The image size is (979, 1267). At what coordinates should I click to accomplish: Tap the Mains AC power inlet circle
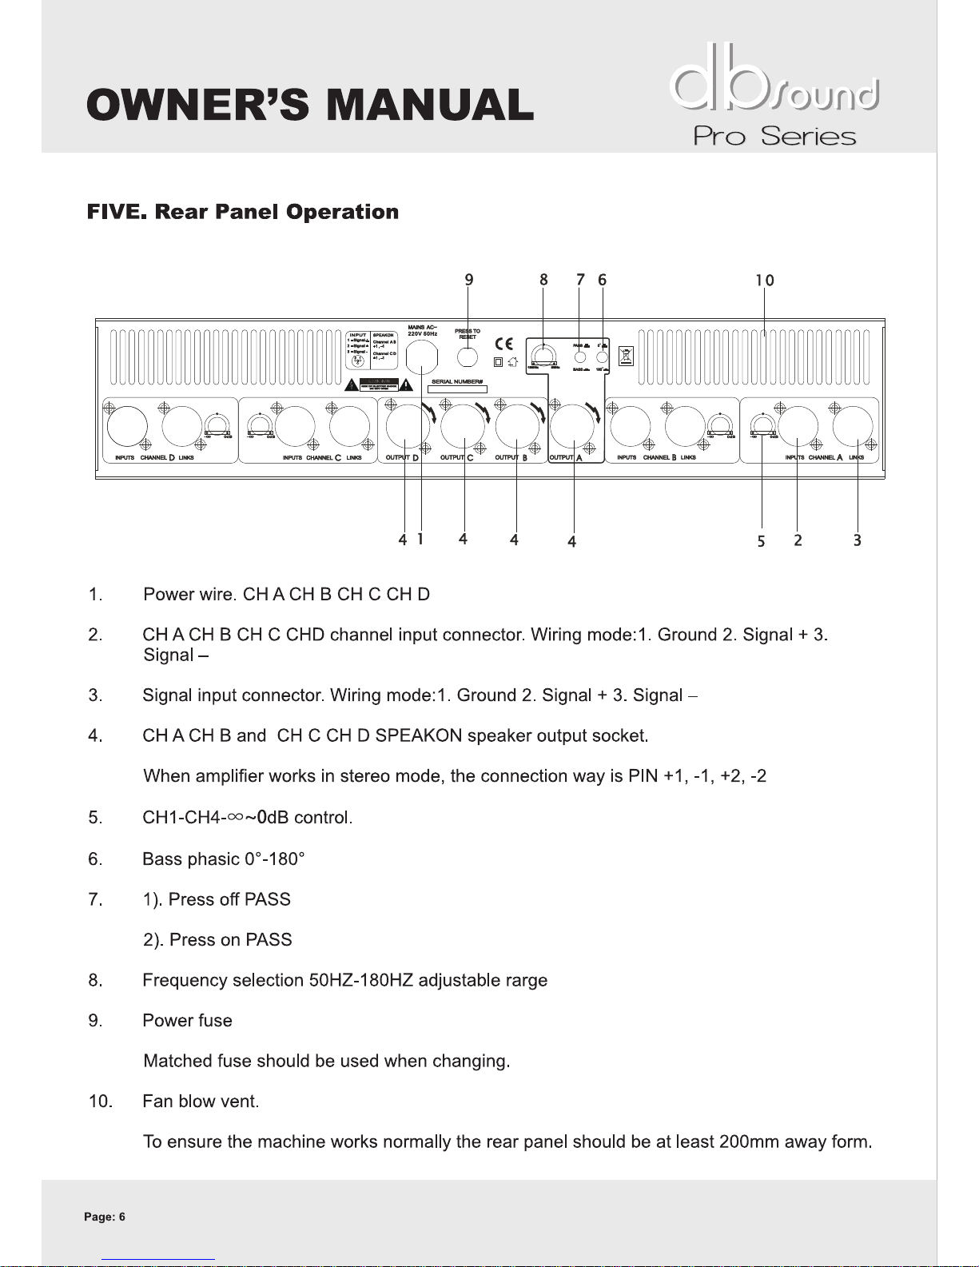[422, 357]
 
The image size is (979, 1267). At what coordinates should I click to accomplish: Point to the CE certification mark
[504, 344]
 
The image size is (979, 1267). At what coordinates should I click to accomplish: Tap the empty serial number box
[458, 389]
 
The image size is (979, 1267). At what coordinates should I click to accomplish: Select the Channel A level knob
[763, 425]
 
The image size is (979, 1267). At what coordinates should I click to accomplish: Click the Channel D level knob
[217, 426]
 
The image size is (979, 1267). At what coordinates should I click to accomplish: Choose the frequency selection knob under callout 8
[544, 356]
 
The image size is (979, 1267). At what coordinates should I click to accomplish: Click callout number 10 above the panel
[765, 280]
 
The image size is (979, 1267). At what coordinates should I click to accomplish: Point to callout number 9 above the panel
[469, 279]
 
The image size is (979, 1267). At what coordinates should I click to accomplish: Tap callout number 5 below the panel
[761, 541]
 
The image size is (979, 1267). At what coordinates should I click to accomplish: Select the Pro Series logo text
[774, 136]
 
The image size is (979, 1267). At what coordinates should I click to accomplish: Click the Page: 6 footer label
[105, 1217]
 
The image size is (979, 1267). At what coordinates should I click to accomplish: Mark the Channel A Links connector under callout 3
[853, 424]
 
